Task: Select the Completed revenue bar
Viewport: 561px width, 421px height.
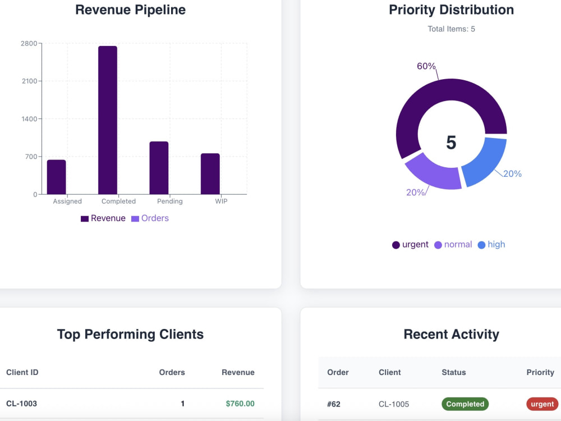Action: [108, 120]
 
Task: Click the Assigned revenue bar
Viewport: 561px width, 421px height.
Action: [57, 177]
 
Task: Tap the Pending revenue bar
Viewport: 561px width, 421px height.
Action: [159, 168]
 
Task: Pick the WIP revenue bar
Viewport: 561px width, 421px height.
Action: [210, 173]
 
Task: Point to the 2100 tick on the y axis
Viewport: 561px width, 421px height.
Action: [29, 81]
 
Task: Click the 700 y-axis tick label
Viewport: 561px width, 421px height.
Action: [31, 157]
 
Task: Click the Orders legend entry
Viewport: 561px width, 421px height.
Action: [150, 218]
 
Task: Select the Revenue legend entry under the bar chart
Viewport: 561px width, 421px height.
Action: [103, 218]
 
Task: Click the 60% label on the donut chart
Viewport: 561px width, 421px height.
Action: [426, 66]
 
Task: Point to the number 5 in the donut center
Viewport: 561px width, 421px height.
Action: [451, 143]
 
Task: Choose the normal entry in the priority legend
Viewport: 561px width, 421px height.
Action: [453, 245]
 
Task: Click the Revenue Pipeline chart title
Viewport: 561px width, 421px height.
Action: [131, 10]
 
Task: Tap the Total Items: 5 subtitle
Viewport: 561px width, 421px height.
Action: [451, 29]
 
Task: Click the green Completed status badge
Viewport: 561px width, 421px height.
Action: [465, 404]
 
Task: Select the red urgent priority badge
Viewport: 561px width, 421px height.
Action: [542, 404]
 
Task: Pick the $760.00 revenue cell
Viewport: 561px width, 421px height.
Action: [240, 404]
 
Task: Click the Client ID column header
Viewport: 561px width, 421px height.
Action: [22, 372]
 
